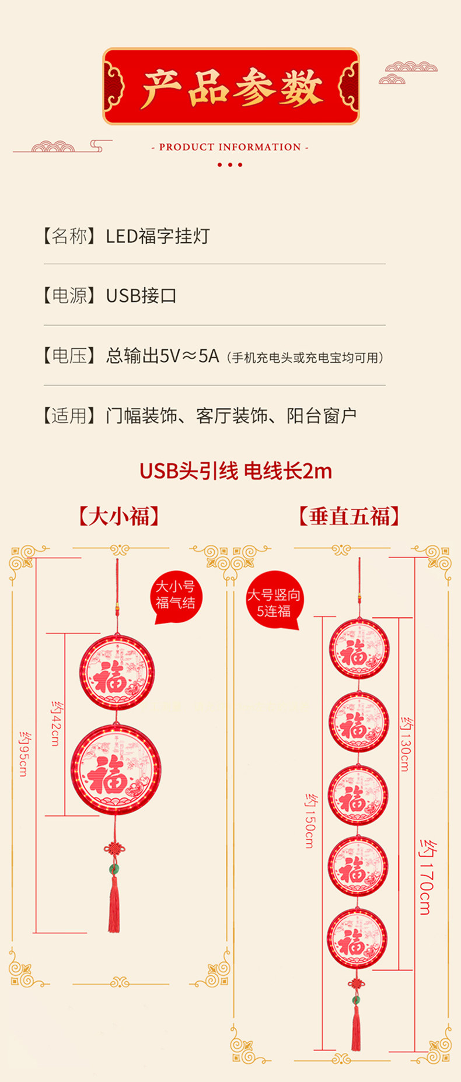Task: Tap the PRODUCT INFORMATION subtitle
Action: click(230, 147)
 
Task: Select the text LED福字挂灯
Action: click(157, 236)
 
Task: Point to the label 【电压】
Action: click(69, 355)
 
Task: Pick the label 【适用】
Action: click(69, 416)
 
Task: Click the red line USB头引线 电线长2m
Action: click(235, 471)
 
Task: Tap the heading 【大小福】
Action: click(119, 516)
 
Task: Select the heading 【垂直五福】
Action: click(348, 516)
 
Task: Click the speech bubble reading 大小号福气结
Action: click(175, 596)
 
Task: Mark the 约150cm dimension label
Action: click(310, 821)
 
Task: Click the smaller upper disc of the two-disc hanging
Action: click(117, 672)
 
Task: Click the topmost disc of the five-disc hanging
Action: click(358, 648)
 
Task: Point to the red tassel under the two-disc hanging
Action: click(114, 902)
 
